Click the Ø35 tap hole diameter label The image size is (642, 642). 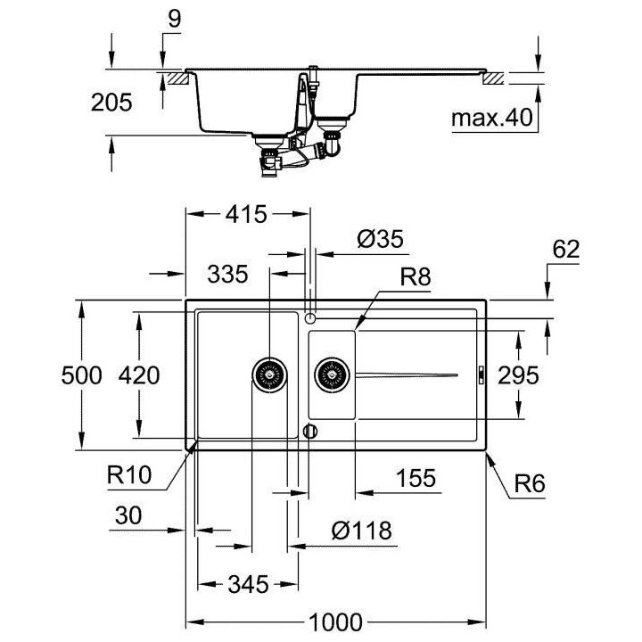pyautogui.click(x=381, y=239)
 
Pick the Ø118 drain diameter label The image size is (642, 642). pyautogui.click(x=362, y=531)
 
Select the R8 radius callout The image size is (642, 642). pyautogui.click(x=415, y=277)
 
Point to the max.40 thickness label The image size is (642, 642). pyautogui.click(x=490, y=118)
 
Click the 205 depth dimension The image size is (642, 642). pyautogui.click(x=112, y=103)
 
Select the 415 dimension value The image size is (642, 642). pyautogui.click(x=247, y=215)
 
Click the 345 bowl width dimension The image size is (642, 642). pyautogui.click(x=246, y=586)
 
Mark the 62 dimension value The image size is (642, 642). pyautogui.click(x=566, y=251)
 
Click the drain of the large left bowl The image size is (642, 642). pyautogui.click(x=268, y=375)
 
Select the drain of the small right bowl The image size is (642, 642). pyautogui.click(x=332, y=375)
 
